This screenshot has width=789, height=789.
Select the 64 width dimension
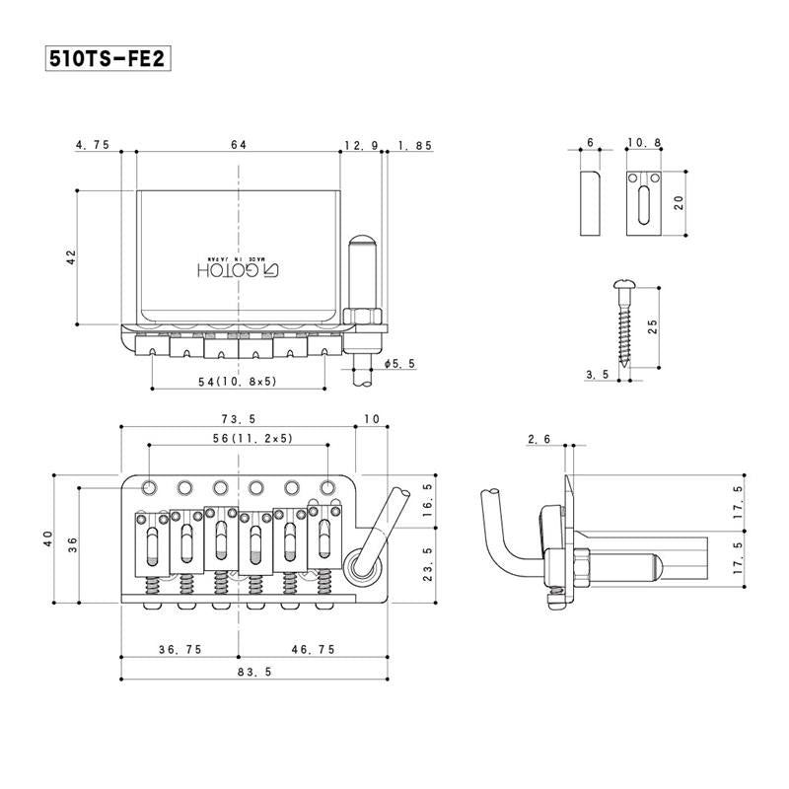pyautogui.click(x=239, y=144)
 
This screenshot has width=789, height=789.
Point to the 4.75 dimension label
pyautogui.click(x=92, y=144)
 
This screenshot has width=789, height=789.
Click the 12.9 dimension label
pyautogui.click(x=361, y=144)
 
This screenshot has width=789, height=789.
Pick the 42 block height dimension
pyautogui.click(x=70, y=257)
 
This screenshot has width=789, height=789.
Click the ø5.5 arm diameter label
pyautogui.click(x=397, y=364)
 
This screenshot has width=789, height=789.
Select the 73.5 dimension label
pyautogui.click(x=239, y=419)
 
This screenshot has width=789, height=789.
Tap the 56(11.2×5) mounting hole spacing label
pyautogui.click(x=239, y=437)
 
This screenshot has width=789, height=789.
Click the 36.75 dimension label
pyautogui.click(x=181, y=651)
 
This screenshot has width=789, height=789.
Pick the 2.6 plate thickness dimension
pyautogui.click(x=538, y=438)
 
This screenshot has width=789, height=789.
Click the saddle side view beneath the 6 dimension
pyautogui.click(x=590, y=202)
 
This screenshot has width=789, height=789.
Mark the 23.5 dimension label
pyautogui.click(x=427, y=565)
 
